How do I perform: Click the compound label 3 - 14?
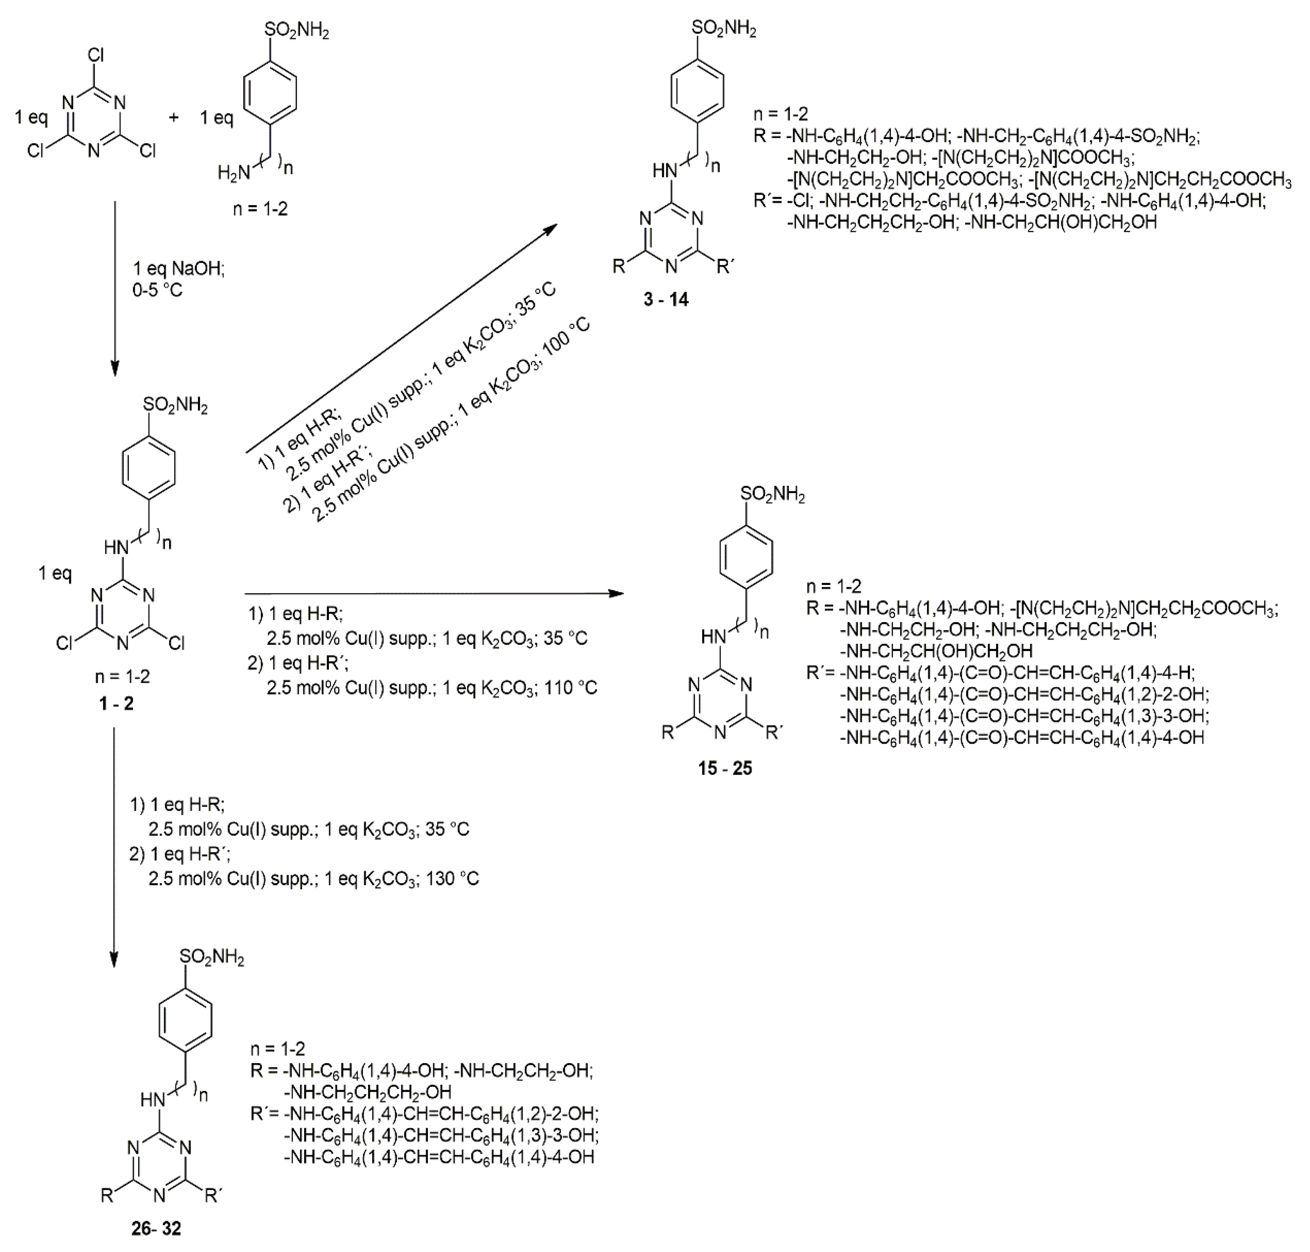(x=666, y=299)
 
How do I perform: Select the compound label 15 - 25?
(x=725, y=768)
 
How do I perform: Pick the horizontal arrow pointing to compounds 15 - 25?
(x=433, y=593)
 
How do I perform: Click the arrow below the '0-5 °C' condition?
(x=115, y=287)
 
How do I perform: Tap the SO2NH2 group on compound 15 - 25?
(x=773, y=495)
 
